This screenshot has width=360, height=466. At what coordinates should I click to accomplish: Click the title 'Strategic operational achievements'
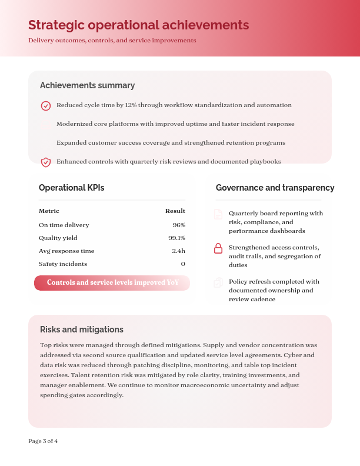[138, 25]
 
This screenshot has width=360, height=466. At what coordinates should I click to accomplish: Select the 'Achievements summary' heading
[87, 85]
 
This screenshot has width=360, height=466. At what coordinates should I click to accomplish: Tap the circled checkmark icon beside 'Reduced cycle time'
[46, 105]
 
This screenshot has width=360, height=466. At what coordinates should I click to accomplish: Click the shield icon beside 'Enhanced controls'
[46, 162]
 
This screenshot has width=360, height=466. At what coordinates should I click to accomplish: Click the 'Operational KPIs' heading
[71, 188]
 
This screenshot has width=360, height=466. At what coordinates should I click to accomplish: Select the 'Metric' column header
[49, 211]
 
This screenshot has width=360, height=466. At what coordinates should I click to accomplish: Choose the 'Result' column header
[175, 211]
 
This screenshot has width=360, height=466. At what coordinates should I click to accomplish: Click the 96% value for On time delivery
[179, 225]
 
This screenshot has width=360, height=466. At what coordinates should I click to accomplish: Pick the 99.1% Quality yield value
[176, 238]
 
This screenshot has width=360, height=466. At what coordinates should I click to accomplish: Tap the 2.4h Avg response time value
[178, 251]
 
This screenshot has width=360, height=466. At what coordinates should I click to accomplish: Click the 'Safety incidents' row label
[63, 264]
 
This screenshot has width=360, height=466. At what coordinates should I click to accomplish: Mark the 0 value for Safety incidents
[183, 264]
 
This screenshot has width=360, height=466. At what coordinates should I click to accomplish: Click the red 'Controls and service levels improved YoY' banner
[112, 283]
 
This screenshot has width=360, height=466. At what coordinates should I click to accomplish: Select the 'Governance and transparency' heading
[275, 188]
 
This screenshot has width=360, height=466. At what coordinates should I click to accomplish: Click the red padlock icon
[218, 248]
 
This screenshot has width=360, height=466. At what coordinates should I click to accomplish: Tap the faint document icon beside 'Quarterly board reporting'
[218, 214]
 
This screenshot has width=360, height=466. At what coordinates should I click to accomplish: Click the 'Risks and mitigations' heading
[81, 329]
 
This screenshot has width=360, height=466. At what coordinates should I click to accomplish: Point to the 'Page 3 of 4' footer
[43, 441]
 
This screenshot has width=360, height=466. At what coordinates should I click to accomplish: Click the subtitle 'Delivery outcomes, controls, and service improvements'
[112, 41]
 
